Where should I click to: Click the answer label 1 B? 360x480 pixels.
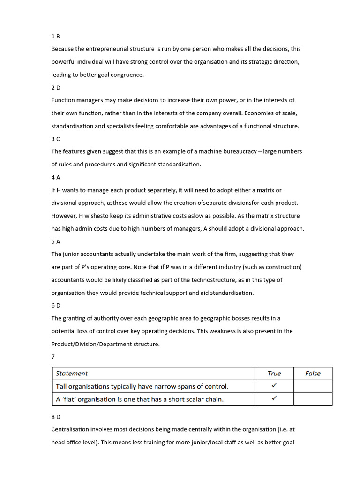(55, 36)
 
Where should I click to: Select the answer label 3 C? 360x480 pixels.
(55, 139)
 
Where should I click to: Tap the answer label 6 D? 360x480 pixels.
(56, 305)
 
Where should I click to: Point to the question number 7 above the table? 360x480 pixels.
(53, 357)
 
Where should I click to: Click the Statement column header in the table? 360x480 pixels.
(72, 374)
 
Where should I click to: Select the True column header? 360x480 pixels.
(274, 374)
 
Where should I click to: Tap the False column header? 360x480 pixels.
(313, 374)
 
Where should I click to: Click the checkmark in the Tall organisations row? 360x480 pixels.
(274, 386)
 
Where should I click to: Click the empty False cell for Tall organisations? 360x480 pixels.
(313, 386)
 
